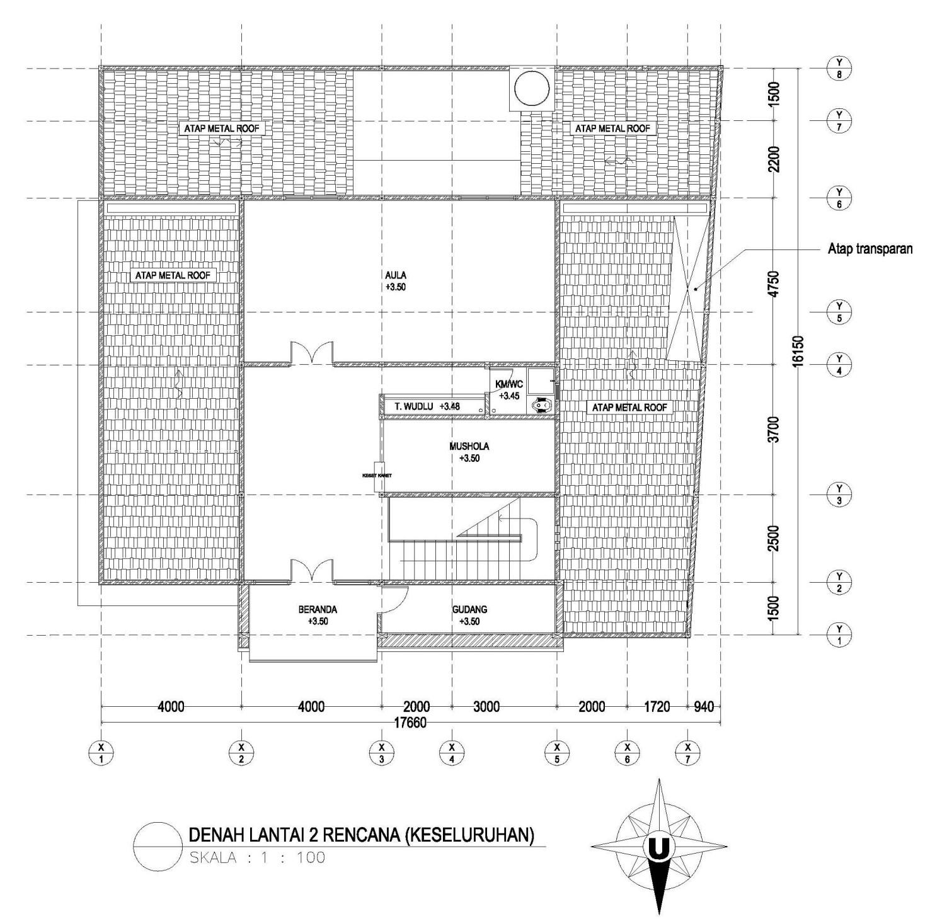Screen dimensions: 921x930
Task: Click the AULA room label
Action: [396, 275]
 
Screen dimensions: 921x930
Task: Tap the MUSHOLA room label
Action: [469, 446]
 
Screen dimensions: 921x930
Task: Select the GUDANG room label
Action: [469, 609]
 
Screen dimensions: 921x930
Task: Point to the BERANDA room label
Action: [318, 609]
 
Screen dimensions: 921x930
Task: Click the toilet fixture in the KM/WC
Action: [541, 406]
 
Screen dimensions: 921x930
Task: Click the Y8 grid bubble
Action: [839, 67]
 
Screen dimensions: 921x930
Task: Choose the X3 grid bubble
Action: [382, 752]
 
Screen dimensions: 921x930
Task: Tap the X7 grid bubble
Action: [687, 752]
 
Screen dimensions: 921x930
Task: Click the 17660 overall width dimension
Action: [410, 723]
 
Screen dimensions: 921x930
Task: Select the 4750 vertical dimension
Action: [774, 282]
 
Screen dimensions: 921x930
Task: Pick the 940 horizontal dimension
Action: [704, 707]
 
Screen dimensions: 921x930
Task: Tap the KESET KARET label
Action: [377, 476]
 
